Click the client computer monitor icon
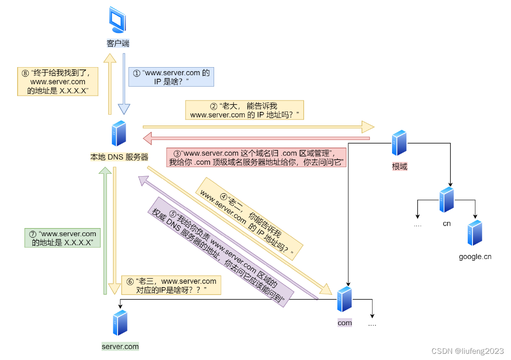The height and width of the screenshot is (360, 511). pyautogui.click(x=118, y=20)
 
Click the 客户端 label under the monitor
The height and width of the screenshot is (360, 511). pyautogui.click(x=118, y=43)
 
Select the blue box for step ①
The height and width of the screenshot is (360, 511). pyautogui.click(x=171, y=77)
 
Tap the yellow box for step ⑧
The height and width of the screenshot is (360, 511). pyautogui.click(x=57, y=81)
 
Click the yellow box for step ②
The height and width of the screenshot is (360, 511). pyautogui.click(x=244, y=110)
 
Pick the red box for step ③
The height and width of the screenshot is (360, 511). pyautogui.click(x=256, y=158)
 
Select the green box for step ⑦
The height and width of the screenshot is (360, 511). pyautogui.click(x=63, y=238)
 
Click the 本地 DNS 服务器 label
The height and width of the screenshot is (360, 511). pyautogui.click(x=119, y=157)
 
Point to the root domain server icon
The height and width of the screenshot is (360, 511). pyautogui.click(x=399, y=143)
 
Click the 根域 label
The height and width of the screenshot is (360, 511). pyautogui.click(x=399, y=167)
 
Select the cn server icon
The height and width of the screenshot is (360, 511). pyautogui.click(x=446, y=200)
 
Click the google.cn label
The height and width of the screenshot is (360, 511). pyautogui.click(x=475, y=257)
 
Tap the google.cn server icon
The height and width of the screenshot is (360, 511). pyautogui.click(x=475, y=233)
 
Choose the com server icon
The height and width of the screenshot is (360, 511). pyautogui.click(x=344, y=299)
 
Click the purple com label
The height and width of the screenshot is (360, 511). pyautogui.click(x=344, y=323)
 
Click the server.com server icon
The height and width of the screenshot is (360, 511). pyautogui.click(x=120, y=323)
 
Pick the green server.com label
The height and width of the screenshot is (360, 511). pyautogui.click(x=120, y=347)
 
